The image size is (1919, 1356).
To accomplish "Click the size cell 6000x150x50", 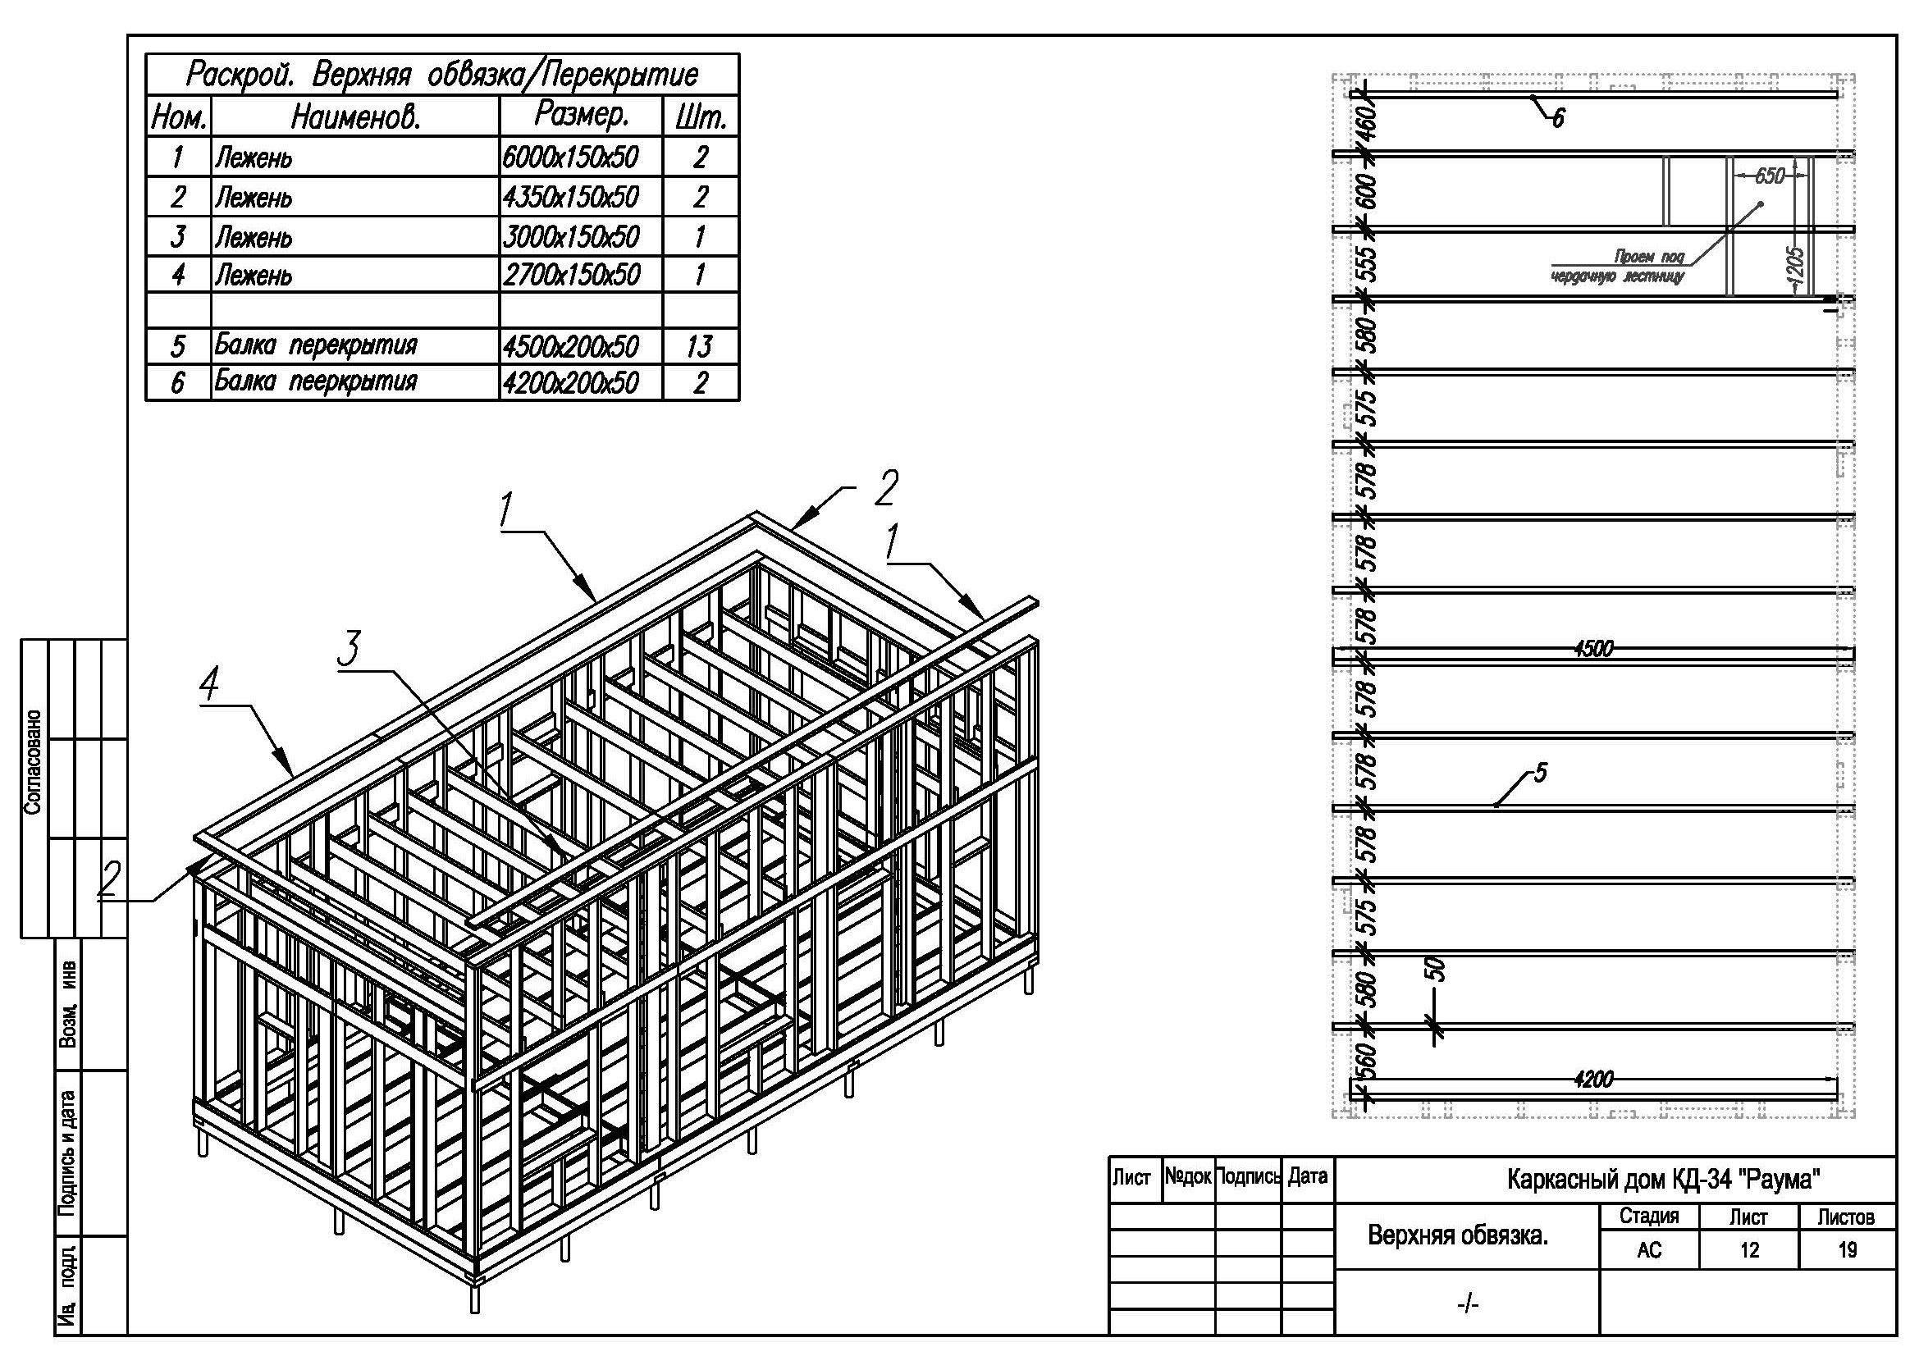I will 571,157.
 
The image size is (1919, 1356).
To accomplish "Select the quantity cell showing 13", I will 699,346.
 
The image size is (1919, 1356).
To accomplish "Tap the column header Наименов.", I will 355,118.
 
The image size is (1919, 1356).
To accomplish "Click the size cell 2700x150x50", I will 571,275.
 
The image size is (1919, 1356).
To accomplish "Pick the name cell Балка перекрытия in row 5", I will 316,345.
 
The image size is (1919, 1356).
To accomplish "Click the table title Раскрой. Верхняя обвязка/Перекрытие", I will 441,75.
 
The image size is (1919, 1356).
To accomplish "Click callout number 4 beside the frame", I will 210,687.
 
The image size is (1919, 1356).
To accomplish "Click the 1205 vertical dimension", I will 1797,266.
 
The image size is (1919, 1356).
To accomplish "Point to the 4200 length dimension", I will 1593,1080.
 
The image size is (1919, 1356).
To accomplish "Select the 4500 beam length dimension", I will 1593,648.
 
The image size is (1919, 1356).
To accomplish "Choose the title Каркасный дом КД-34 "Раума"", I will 1663,1180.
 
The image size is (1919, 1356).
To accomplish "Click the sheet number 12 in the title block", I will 1748,1251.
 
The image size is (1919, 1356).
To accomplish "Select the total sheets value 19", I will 1847,1251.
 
